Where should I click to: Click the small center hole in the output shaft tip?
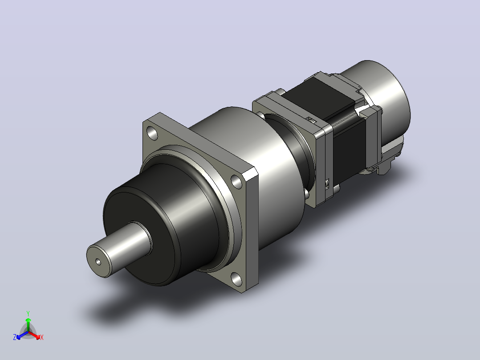[x=98, y=262]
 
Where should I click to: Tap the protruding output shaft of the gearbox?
[x=119, y=250]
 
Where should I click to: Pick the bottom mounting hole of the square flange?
[x=236, y=279]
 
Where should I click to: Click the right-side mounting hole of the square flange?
[x=236, y=181]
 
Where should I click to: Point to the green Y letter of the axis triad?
[x=28, y=313]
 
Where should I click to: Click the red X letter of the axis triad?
[x=42, y=337]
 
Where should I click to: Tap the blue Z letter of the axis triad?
[x=15, y=337]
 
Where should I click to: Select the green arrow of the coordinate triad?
[x=28, y=325]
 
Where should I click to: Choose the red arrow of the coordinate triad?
[x=34, y=335]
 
